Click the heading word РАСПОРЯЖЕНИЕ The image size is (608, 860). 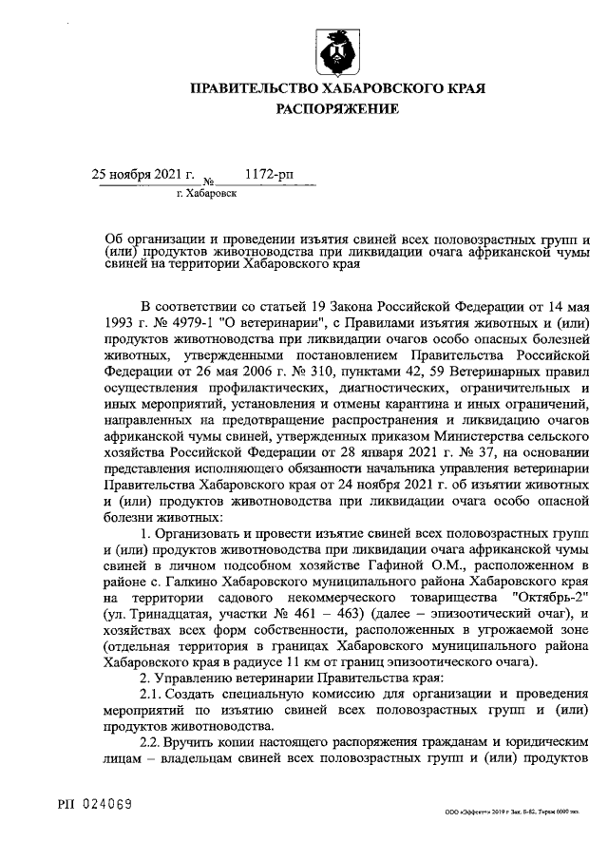[337, 109]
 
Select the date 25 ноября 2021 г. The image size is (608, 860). [142, 174]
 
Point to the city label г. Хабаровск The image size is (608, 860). [207, 192]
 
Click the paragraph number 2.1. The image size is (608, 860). [153, 694]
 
